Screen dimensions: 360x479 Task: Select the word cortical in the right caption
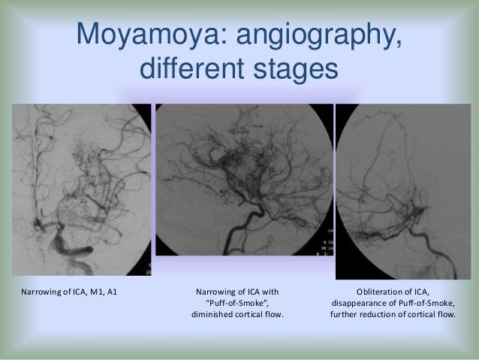point(423,314)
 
